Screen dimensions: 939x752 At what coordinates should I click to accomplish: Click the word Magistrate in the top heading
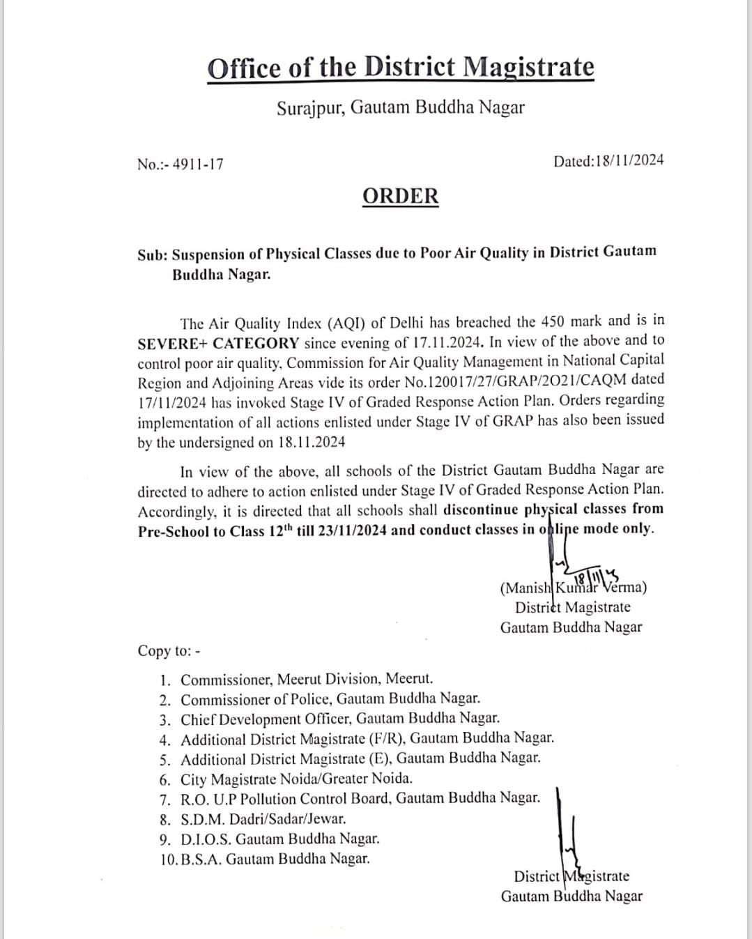coord(528,68)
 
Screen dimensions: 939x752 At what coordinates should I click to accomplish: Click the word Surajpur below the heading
coord(310,108)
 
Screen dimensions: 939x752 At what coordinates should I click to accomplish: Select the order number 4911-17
coord(198,165)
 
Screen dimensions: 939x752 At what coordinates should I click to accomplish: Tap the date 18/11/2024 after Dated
coord(629,161)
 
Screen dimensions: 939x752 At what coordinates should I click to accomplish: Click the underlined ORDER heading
coord(401,196)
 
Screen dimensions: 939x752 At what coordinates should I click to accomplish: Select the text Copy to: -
coord(169,650)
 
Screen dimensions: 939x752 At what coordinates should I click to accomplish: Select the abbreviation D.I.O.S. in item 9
coord(206,839)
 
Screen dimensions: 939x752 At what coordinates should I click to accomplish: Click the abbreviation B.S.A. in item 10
coord(201,859)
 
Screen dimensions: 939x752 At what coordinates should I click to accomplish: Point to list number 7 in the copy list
coord(165,799)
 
